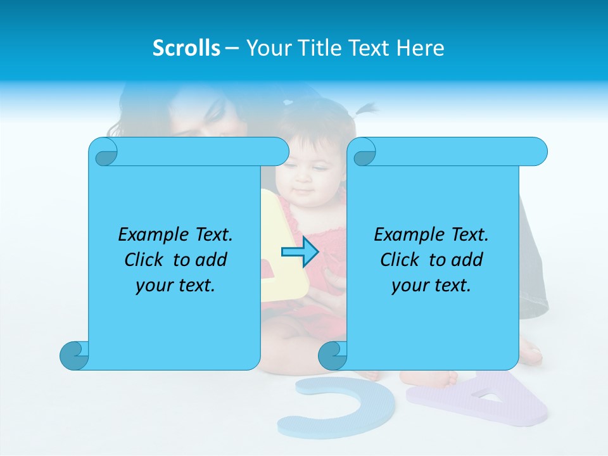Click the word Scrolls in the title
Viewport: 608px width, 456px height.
coord(187,48)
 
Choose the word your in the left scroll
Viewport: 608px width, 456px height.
coord(154,286)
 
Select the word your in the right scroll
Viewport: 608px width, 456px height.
coord(410,286)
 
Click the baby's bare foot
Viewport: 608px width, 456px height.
coord(437,378)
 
